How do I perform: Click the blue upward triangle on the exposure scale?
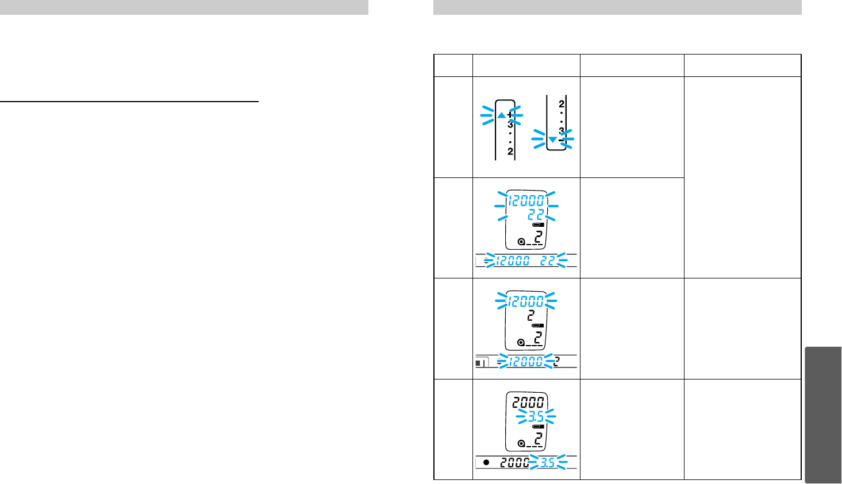pos(501,115)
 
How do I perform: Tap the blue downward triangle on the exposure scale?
pos(552,140)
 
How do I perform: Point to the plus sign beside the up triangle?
pos(510,115)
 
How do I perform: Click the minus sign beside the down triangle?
pos(562,140)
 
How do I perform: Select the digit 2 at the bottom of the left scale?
pos(510,152)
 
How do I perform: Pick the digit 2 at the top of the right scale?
pos(562,104)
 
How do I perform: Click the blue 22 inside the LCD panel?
pos(536,214)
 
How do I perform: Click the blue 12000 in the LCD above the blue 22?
pos(526,200)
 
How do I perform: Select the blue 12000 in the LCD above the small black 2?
pos(526,301)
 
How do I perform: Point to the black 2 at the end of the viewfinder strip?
pos(556,362)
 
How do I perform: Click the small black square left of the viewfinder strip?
pos(479,362)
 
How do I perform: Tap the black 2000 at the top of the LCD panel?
pos(528,402)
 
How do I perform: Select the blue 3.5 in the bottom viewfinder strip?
pos(547,463)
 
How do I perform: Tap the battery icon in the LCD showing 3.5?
pos(538,428)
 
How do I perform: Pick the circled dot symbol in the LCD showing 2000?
pos(521,443)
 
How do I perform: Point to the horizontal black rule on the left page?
pos(129,102)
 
